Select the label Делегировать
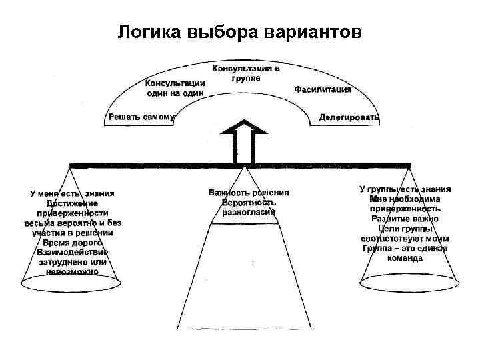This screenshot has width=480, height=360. tap(349, 117)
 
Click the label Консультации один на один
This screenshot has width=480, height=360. tap(175, 88)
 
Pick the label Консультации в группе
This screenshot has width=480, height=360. tap(246, 73)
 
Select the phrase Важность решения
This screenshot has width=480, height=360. tap(249, 193)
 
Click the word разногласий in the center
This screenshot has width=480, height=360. tap(249, 213)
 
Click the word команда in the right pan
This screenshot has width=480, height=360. tap(405, 257)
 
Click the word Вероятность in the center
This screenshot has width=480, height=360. tap(249, 203)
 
